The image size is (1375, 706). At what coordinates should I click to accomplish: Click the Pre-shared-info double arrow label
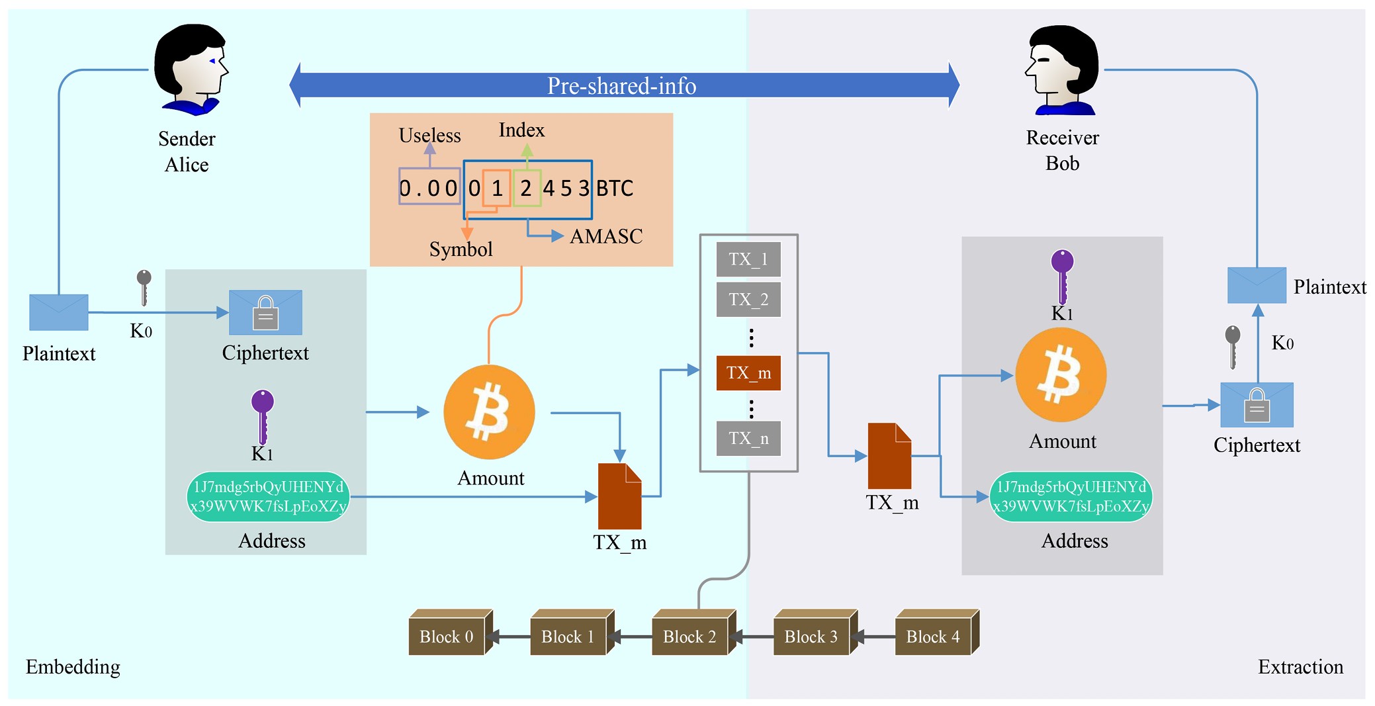pos(621,85)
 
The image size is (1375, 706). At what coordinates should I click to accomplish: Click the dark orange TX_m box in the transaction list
pos(748,373)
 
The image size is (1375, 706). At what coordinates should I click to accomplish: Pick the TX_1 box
pos(748,259)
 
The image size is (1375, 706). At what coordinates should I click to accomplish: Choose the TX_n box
pos(748,439)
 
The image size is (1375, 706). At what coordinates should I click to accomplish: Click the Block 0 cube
pos(447,635)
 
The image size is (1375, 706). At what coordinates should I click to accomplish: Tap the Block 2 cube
pos(690,635)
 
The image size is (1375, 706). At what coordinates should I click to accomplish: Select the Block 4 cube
pos(934,635)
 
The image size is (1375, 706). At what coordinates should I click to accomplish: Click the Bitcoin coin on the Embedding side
pos(489,412)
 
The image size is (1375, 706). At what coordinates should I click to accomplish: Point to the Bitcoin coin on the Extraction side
pos(1061,375)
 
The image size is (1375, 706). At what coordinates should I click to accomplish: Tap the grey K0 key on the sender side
pos(144,287)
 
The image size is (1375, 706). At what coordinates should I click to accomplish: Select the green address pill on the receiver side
pos(1071,497)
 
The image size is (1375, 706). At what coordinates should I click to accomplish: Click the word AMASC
pos(606,236)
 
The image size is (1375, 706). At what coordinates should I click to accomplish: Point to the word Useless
pos(429,136)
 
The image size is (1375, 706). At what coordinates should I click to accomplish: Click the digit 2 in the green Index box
pos(526,189)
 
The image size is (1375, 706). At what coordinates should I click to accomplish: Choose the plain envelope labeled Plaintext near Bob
pos(1257,285)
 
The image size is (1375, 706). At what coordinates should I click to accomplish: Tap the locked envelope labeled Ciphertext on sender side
pos(265,312)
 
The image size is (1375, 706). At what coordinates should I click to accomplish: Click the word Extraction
pos(1300,667)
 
